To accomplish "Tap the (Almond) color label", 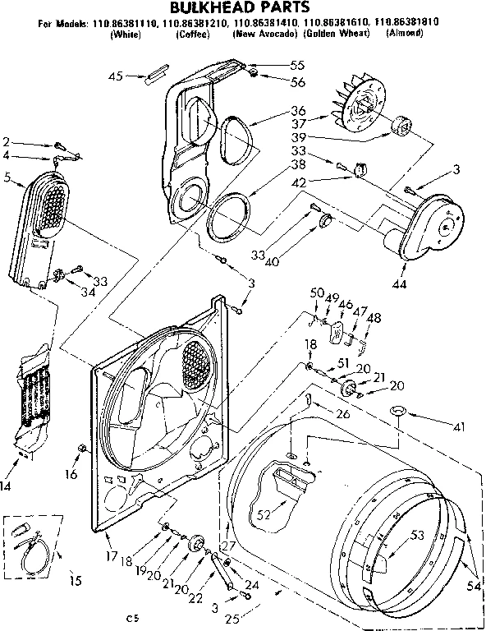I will (x=402, y=34).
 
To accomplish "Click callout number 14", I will (x=7, y=486).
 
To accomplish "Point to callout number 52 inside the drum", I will (x=264, y=515).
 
